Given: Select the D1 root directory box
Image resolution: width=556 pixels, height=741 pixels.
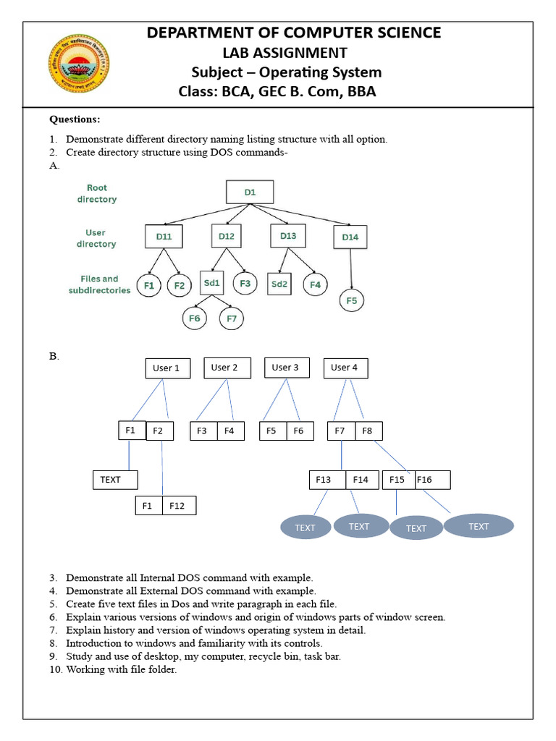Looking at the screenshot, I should [250, 192].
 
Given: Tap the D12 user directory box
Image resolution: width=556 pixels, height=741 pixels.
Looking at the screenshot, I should [227, 236].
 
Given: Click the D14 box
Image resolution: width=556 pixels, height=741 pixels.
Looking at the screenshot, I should [350, 237].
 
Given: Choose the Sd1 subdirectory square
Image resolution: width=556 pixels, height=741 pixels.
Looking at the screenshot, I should [211, 283].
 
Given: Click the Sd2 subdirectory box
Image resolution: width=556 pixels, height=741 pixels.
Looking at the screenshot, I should [279, 284].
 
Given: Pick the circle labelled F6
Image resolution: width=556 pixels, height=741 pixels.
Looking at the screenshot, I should [194, 318].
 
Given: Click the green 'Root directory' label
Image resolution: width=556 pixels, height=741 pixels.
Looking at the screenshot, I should [97, 193].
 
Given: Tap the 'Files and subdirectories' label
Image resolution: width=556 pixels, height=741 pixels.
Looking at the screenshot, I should [99, 284].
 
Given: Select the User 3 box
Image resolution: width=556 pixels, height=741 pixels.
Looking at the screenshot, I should [286, 368].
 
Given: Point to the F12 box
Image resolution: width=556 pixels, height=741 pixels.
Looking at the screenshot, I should [178, 506].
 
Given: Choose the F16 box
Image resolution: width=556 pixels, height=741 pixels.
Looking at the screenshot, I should [432, 480].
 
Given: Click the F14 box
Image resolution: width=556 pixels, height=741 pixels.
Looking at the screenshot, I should [361, 480].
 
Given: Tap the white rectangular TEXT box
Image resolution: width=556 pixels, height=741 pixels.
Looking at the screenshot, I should [114, 480].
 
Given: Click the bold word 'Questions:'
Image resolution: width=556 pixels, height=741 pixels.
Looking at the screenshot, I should [75, 119].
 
